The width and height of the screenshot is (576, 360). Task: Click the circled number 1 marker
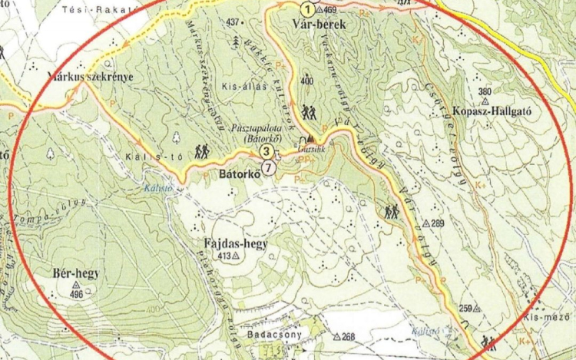307,10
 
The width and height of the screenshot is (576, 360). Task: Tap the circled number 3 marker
265,152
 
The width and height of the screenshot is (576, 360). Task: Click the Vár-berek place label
320,25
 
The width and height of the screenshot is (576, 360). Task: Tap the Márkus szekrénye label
90,77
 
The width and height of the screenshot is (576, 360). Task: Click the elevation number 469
331,10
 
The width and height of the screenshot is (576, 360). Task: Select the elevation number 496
76,294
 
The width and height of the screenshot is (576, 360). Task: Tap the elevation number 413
224,256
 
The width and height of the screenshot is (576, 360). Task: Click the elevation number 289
438,223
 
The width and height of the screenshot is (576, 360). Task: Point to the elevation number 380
484,92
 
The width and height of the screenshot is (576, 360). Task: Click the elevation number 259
465,309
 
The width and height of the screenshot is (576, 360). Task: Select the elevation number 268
349,337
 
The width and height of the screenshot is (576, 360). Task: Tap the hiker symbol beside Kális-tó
203,152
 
